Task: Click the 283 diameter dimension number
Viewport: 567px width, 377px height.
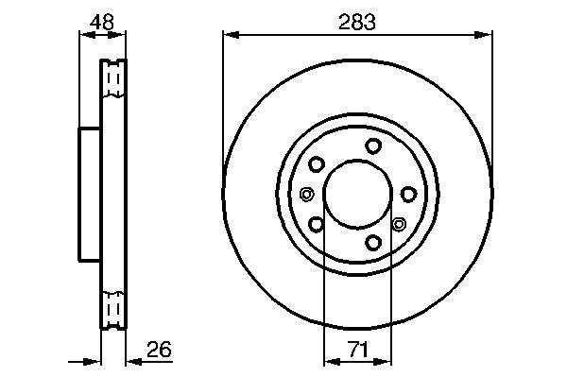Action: pos(357,22)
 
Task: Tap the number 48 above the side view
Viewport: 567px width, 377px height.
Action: pos(102,22)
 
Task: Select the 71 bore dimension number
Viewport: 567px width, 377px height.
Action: pos(358,350)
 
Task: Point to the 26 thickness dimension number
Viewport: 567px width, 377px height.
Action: pos(159,350)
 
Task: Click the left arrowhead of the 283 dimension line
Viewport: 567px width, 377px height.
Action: pos(231,35)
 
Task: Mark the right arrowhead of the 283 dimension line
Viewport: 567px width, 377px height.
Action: pos(484,35)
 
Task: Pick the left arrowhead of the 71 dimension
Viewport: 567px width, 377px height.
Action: pos(332,362)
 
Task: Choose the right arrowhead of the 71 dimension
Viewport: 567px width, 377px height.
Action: pos(383,362)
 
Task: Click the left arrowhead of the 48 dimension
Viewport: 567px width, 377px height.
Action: pos(87,35)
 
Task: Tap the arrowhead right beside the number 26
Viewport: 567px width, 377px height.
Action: pos(134,361)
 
